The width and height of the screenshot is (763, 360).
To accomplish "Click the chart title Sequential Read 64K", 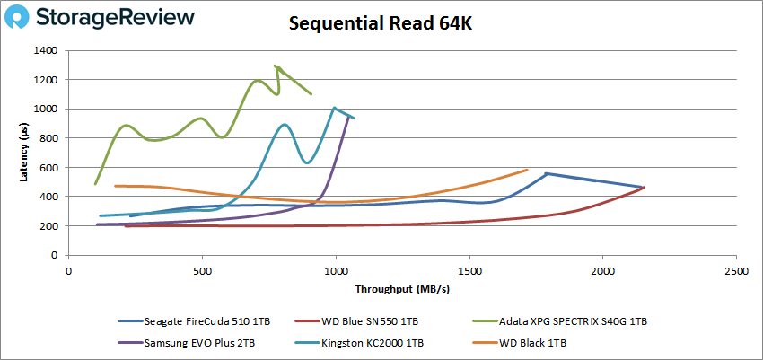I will coord(381,24).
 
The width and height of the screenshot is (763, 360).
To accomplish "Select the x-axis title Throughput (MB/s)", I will coord(401,290).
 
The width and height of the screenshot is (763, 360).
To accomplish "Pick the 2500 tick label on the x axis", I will coord(736,269).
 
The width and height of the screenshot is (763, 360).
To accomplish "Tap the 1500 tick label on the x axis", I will coord(469,269).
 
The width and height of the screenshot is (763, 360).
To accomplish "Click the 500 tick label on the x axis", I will coord(202,269).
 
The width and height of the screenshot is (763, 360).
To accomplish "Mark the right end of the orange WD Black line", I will coord(527,170).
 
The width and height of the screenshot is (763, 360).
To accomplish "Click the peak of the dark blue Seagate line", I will coord(547,173).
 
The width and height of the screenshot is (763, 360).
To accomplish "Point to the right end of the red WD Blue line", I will coord(645,188).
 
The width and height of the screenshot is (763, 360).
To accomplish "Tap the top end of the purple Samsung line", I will coord(350,116).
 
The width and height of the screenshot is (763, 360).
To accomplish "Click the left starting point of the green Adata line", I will coord(95,184).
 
